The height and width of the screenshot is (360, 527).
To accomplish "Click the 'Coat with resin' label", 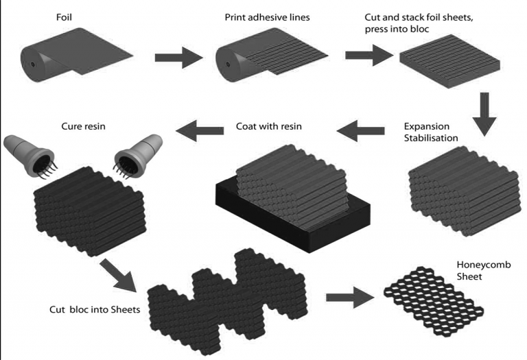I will [269, 127].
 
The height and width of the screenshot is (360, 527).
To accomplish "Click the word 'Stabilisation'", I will [432, 139].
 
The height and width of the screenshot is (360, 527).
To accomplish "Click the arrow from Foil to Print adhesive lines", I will [179, 58].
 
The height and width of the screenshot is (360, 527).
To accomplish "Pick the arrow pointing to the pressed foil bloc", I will [368, 56].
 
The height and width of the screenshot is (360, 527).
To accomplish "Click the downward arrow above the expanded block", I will [483, 115].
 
